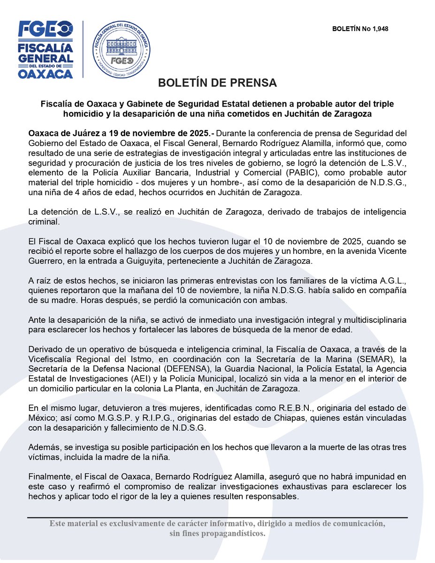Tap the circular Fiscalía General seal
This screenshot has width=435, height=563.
(121, 48)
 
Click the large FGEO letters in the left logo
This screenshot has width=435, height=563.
(46, 30)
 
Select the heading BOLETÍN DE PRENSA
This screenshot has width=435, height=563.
(217, 83)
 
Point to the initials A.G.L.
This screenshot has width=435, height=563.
(392, 281)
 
